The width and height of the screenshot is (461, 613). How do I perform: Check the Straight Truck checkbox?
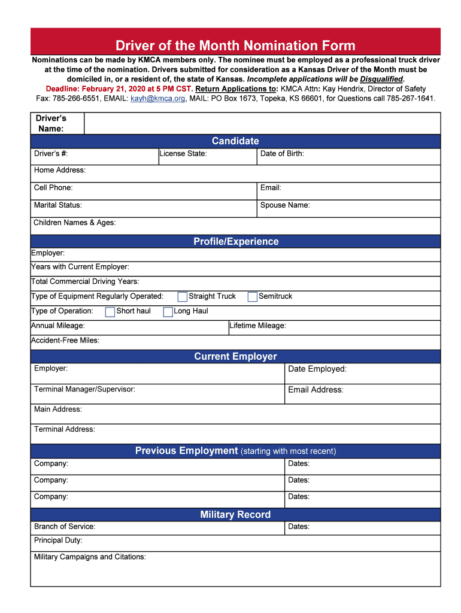(183, 297)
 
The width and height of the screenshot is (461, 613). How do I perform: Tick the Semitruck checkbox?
(253, 297)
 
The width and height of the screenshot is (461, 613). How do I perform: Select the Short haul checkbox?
(110, 312)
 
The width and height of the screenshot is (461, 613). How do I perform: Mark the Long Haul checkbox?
(168, 312)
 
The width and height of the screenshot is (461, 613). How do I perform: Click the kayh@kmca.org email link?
(158, 98)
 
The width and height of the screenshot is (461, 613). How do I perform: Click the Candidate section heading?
(235, 141)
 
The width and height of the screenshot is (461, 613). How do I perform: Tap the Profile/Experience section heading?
(236, 242)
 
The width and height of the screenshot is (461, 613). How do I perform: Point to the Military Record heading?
(235, 515)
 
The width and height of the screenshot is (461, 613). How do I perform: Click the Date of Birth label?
(282, 154)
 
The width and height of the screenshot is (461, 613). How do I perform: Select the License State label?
(183, 154)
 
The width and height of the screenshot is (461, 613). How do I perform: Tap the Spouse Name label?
(285, 205)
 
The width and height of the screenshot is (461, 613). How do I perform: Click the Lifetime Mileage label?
(257, 326)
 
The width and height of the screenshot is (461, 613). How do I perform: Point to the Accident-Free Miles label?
(65, 341)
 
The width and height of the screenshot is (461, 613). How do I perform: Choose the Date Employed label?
(317, 369)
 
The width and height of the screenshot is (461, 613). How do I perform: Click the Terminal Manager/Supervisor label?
(84, 389)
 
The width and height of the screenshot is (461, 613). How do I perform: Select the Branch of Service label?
(65, 527)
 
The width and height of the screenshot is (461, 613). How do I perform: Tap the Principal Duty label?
(58, 541)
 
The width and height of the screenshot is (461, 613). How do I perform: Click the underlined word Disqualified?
(381, 79)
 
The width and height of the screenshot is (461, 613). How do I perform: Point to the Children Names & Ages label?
(75, 223)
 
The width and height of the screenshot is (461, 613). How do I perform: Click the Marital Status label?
(58, 205)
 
